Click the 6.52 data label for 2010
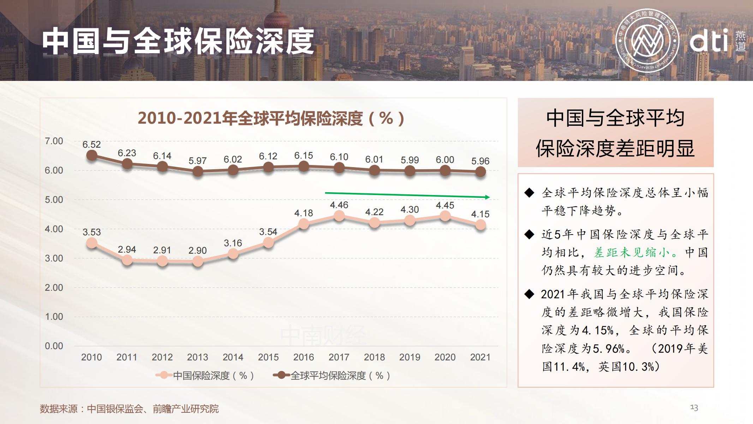91,145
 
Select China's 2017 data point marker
339,216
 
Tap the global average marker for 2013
198,172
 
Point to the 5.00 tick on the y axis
54,200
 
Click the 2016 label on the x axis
304,357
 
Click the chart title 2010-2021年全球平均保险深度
271,118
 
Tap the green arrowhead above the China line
488,197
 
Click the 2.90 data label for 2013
197,251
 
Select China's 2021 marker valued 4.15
480,225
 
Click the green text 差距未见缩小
632,253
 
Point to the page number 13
694,408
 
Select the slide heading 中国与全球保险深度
178,42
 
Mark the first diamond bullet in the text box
529,193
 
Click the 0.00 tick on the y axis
54,346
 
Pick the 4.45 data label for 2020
445,205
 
